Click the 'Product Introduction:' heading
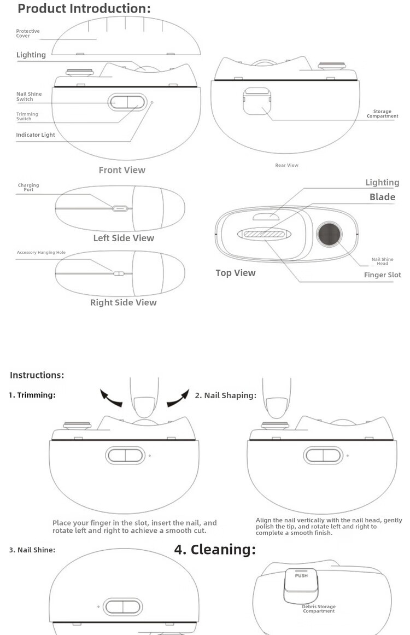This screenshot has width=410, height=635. point(84,9)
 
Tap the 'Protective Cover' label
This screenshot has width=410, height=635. point(28,33)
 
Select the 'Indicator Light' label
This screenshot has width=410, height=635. point(36,135)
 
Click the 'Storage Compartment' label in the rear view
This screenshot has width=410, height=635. point(382,114)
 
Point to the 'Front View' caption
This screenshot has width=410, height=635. point(122,170)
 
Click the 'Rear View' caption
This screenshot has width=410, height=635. point(286,165)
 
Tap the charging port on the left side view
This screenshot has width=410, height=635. point(120,208)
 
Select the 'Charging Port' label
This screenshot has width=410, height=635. point(28,188)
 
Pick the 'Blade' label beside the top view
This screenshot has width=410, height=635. point(382,197)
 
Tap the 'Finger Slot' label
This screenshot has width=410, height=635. point(382,275)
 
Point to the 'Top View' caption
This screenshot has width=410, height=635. point(235,272)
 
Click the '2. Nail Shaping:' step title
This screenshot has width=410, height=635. point(225,395)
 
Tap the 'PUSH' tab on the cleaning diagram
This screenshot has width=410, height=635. point(301,575)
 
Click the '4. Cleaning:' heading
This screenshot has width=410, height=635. point(215,550)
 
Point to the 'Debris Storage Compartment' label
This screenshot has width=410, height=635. point(319,609)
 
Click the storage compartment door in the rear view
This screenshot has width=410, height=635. point(258,101)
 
